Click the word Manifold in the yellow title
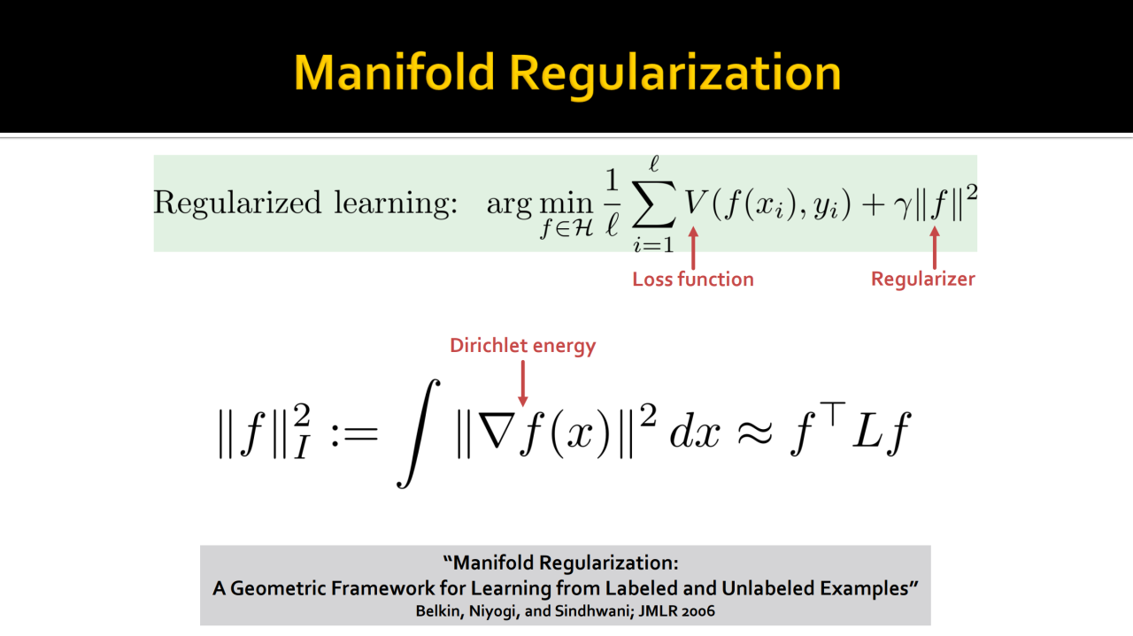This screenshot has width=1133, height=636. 394,73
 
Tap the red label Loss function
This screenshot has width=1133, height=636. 693,279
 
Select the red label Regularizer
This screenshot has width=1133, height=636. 923,279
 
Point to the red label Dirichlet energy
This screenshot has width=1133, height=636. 523,346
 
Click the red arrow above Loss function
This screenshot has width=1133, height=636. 693,249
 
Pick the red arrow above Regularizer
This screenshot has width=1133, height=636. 934,248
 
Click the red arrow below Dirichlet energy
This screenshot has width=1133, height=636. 523,383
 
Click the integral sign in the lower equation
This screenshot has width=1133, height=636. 419,433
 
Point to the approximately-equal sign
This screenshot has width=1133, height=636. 755,433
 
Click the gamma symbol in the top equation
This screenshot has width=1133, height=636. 902,207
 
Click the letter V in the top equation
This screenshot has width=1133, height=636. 696,203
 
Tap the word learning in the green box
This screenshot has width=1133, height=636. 396,203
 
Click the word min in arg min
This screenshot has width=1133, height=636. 566,203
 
